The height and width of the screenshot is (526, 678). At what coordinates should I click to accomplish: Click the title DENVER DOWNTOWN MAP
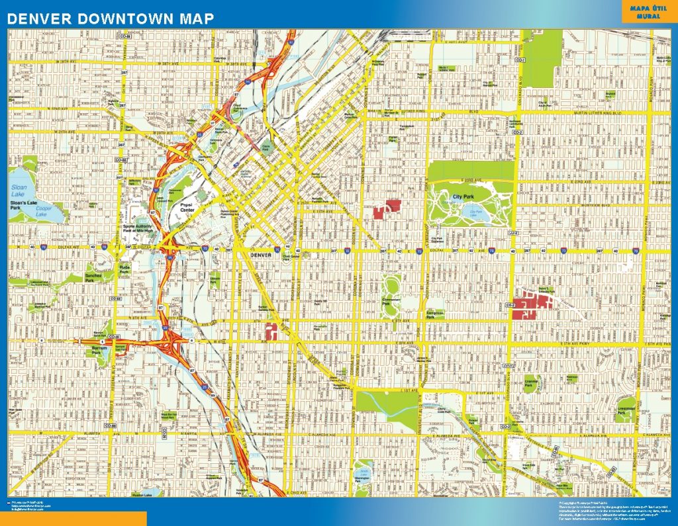(x=111, y=19)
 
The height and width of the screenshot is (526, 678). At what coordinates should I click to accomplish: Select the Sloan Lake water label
(x=20, y=191)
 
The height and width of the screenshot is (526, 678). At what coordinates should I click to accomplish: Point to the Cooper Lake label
(x=41, y=212)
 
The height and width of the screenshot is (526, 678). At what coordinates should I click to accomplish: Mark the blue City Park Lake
(x=478, y=213)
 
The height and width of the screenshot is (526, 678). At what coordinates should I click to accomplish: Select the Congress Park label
(x=435, y=314)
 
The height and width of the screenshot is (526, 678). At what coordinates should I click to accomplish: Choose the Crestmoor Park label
(x=626, y=408)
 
